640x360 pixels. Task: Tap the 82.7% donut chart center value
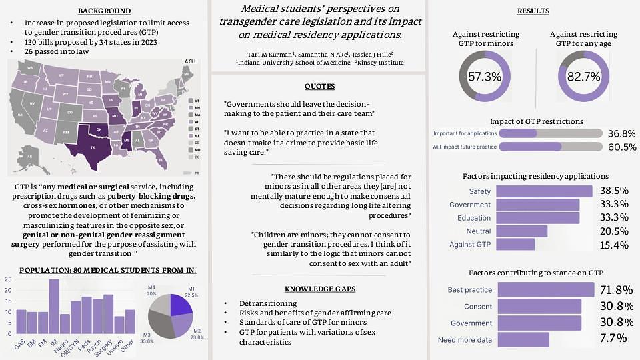click(583, 77)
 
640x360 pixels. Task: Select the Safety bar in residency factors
click(544, 191)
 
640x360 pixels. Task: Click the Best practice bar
click(545, 290)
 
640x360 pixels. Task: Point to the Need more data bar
click(523, 340)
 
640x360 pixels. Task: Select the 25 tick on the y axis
click(7, 279)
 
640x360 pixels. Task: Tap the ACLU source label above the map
click(192, 61)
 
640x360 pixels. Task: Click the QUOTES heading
click(319, 87)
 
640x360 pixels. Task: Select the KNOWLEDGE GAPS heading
click(319, 289)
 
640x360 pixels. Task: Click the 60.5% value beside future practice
click(621, 147)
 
